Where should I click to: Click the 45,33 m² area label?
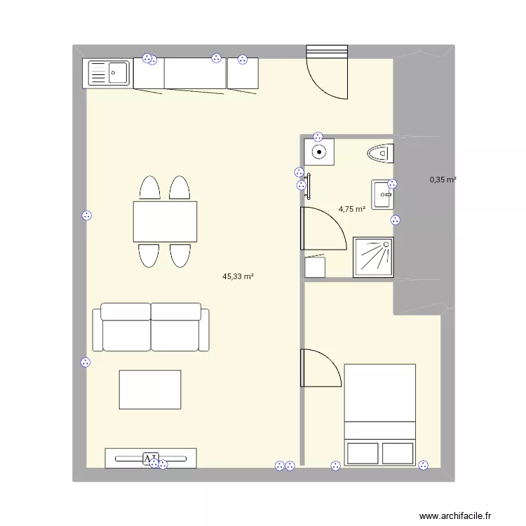click(238, 277)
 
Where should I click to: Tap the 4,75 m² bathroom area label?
click(352, 209)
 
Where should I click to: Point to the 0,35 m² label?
click(443, 180)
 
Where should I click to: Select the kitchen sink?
click(107, 74)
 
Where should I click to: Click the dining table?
click(165, 221)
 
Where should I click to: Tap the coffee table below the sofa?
click(150, 389)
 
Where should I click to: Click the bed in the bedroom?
click(379, 414)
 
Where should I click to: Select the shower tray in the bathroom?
click(374, 257)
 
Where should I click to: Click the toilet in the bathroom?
click(381, 151)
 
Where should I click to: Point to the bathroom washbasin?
click(383, 194)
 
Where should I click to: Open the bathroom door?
click(323, 229)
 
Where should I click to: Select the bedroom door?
click(321, 368)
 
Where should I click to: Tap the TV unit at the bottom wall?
click(151, 458)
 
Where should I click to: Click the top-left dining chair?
click(150, 189)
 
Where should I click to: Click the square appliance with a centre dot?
click(319, 151)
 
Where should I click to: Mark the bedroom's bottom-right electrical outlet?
click(423, 464)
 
